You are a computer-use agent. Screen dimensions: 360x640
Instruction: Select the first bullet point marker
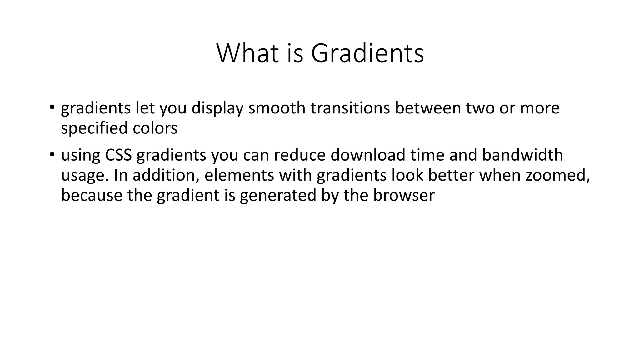click(x=52, y=107)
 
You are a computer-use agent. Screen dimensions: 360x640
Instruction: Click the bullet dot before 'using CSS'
click(x=52, y=154)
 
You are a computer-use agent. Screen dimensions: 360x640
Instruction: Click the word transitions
click(x=350, y=108)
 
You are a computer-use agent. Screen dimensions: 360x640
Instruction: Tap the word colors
click(x=155, y=128)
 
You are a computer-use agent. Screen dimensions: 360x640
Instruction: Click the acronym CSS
click(x=118, y=155)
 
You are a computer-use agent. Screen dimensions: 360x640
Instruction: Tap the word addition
click(x=166, y=175)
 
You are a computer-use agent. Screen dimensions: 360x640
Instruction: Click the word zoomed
click(x=558, y=175)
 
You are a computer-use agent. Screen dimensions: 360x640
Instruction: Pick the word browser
click(x=404, y=195)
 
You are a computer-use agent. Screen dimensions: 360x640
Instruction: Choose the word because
click(x=92, y=195)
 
